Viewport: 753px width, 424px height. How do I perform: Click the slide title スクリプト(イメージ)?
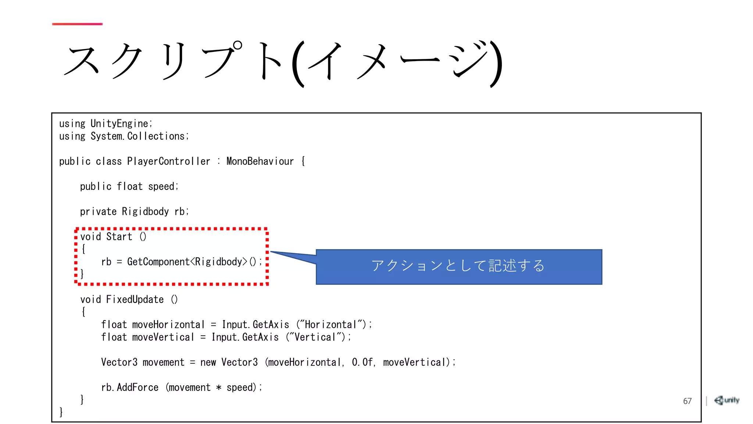[282, 63]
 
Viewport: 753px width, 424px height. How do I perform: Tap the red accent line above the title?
[77, 24]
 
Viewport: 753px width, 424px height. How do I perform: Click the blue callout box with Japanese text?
[458, 266]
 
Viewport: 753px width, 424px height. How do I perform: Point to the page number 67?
[687, 401]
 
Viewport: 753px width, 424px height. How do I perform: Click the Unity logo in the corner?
[727, 400]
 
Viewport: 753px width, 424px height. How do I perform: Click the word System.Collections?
[139, 137]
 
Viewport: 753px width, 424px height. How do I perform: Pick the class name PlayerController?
[169, 162]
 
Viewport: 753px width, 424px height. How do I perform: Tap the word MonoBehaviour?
[260, 162]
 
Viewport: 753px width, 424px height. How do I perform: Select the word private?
[98, 212]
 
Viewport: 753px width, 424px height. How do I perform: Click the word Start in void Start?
[119, 237]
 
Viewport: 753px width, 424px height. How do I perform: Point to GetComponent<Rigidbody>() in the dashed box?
[192, 262]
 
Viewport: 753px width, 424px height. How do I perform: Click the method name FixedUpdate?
[135, 300]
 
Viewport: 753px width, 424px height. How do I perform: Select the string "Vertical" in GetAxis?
[315, 337]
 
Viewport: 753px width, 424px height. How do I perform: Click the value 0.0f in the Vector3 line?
[362, 363]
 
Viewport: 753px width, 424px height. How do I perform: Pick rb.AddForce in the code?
[130, 388]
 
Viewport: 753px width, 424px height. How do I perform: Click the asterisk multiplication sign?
[219, 388]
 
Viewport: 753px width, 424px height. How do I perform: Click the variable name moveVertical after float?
[163, 337]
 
